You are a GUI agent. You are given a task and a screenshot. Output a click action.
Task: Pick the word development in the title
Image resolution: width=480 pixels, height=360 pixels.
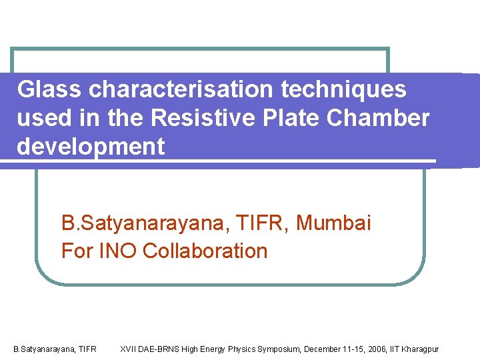click(x=91, y=147)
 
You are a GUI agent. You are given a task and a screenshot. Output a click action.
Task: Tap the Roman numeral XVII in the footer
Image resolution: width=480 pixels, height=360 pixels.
click(x=128, y=349)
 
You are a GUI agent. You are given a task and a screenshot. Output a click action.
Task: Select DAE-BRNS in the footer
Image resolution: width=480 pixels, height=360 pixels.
click(x=159, y=349)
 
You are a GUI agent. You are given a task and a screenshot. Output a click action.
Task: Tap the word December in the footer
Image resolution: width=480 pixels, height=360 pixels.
click(x=323, y=349)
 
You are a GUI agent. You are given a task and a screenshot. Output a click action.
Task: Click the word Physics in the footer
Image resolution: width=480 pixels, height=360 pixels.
click(x=241, y=349)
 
